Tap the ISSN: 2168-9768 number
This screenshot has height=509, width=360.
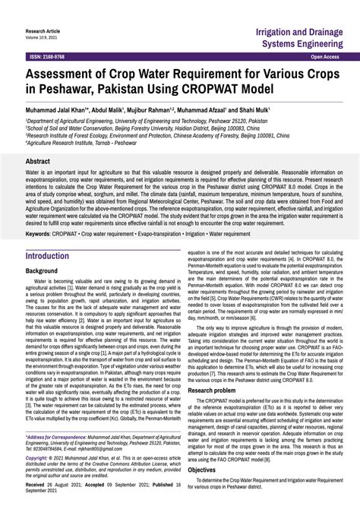click(x=47, y=57)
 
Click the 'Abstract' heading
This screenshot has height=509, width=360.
click(x=38, y=162)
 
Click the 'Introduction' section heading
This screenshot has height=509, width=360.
click(x=47, y=256)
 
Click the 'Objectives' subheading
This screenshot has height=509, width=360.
click(x=202, y=469)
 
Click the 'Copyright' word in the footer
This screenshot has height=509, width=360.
click(x=38, y=458)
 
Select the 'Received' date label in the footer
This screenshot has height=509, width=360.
click(x=37, y=484)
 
